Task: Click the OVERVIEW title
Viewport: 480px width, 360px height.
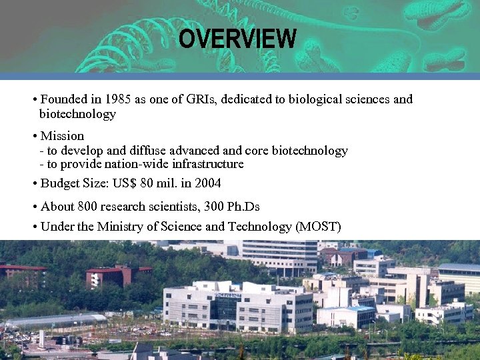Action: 237,39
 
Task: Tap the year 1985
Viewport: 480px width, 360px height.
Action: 117,99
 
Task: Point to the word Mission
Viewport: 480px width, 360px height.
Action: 62,136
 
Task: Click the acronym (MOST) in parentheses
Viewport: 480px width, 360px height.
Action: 317,227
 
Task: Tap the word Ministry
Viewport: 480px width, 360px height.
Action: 119,227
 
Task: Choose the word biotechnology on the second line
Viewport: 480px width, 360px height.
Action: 77,114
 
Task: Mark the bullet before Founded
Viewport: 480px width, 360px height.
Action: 34,99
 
